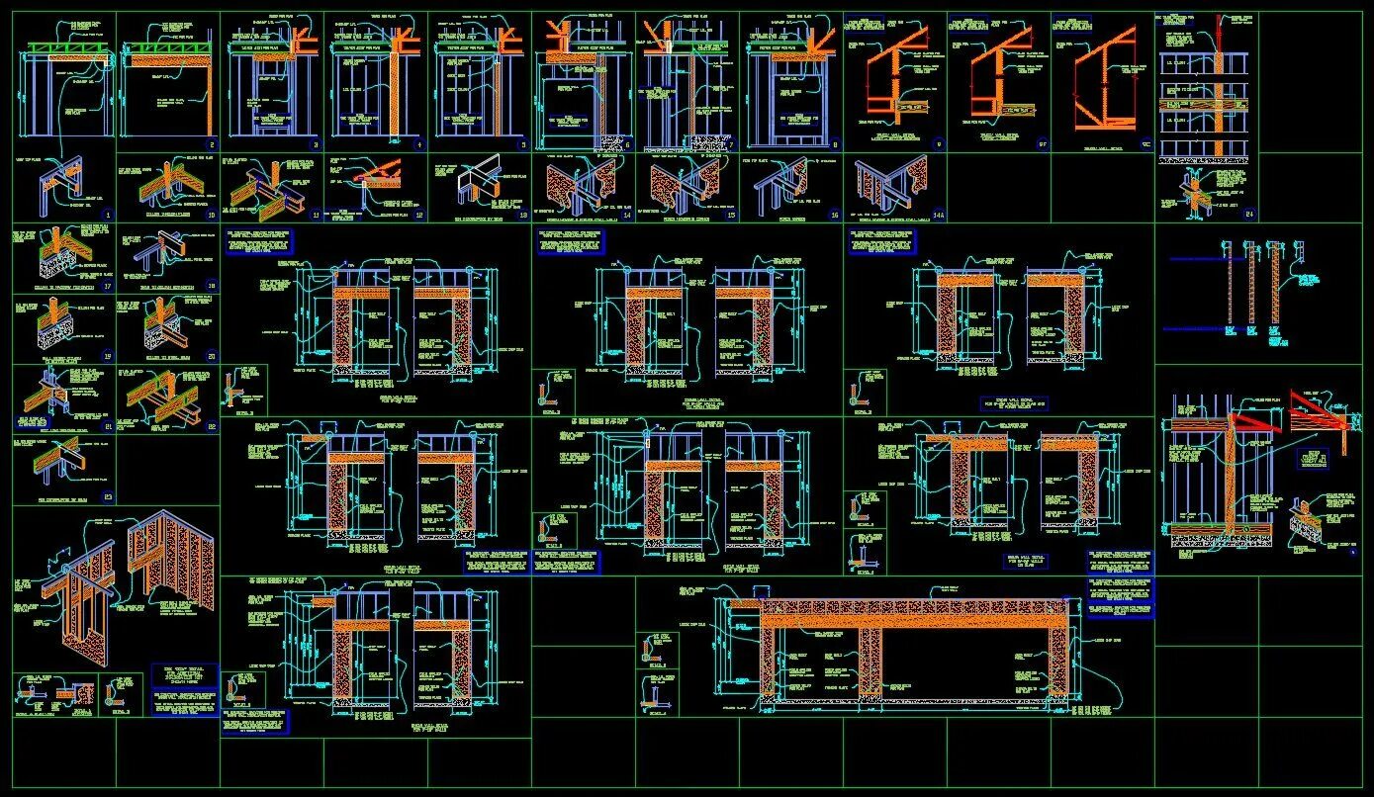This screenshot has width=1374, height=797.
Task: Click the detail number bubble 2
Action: (x=212, y=144)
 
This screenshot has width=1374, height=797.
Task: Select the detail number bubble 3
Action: (x=316, y=144)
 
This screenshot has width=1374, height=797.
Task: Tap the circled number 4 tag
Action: (x=419, y=144)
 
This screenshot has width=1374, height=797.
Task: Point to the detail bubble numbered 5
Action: (x=523, y=144)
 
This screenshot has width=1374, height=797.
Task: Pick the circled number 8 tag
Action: (x=835, y=144)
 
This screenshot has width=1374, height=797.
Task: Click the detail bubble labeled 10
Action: (x=211, y=214)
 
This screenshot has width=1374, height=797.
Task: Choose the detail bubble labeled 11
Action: (x=316, y=214)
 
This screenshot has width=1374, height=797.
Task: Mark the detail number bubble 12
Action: (x=418, y=214)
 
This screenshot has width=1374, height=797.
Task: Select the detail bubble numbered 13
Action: (x=523, y=214)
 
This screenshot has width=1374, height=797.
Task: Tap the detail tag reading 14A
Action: (x=938, y=214)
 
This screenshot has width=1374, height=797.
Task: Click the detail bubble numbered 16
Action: (x=834, y=214)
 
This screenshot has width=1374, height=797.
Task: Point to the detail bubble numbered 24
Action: (x=1249, y=214)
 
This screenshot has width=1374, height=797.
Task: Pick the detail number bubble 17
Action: (x=108, y=287)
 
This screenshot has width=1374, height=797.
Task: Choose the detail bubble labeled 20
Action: (x=211, y=357)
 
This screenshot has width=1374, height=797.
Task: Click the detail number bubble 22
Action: (x=211, y=426)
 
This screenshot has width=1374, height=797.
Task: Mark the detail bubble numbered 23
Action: (x=108, y=497)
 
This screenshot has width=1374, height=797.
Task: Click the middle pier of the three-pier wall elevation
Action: (x=871, y=661)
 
